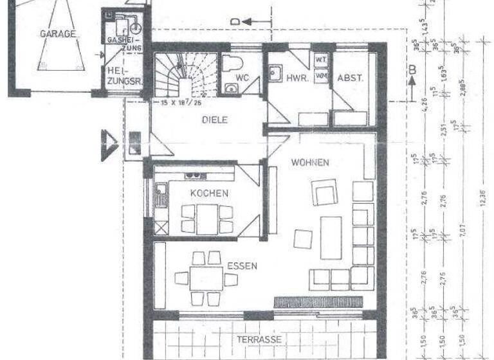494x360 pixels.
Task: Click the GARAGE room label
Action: point(57,33)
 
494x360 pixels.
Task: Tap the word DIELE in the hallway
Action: point(215,120)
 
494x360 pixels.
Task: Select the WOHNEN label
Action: point(310,162)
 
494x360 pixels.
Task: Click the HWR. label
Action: point(298,77)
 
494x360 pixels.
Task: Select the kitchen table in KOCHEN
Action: point(206,219)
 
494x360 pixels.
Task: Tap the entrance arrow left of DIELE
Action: point(105,142)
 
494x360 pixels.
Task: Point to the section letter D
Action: point(235,22)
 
